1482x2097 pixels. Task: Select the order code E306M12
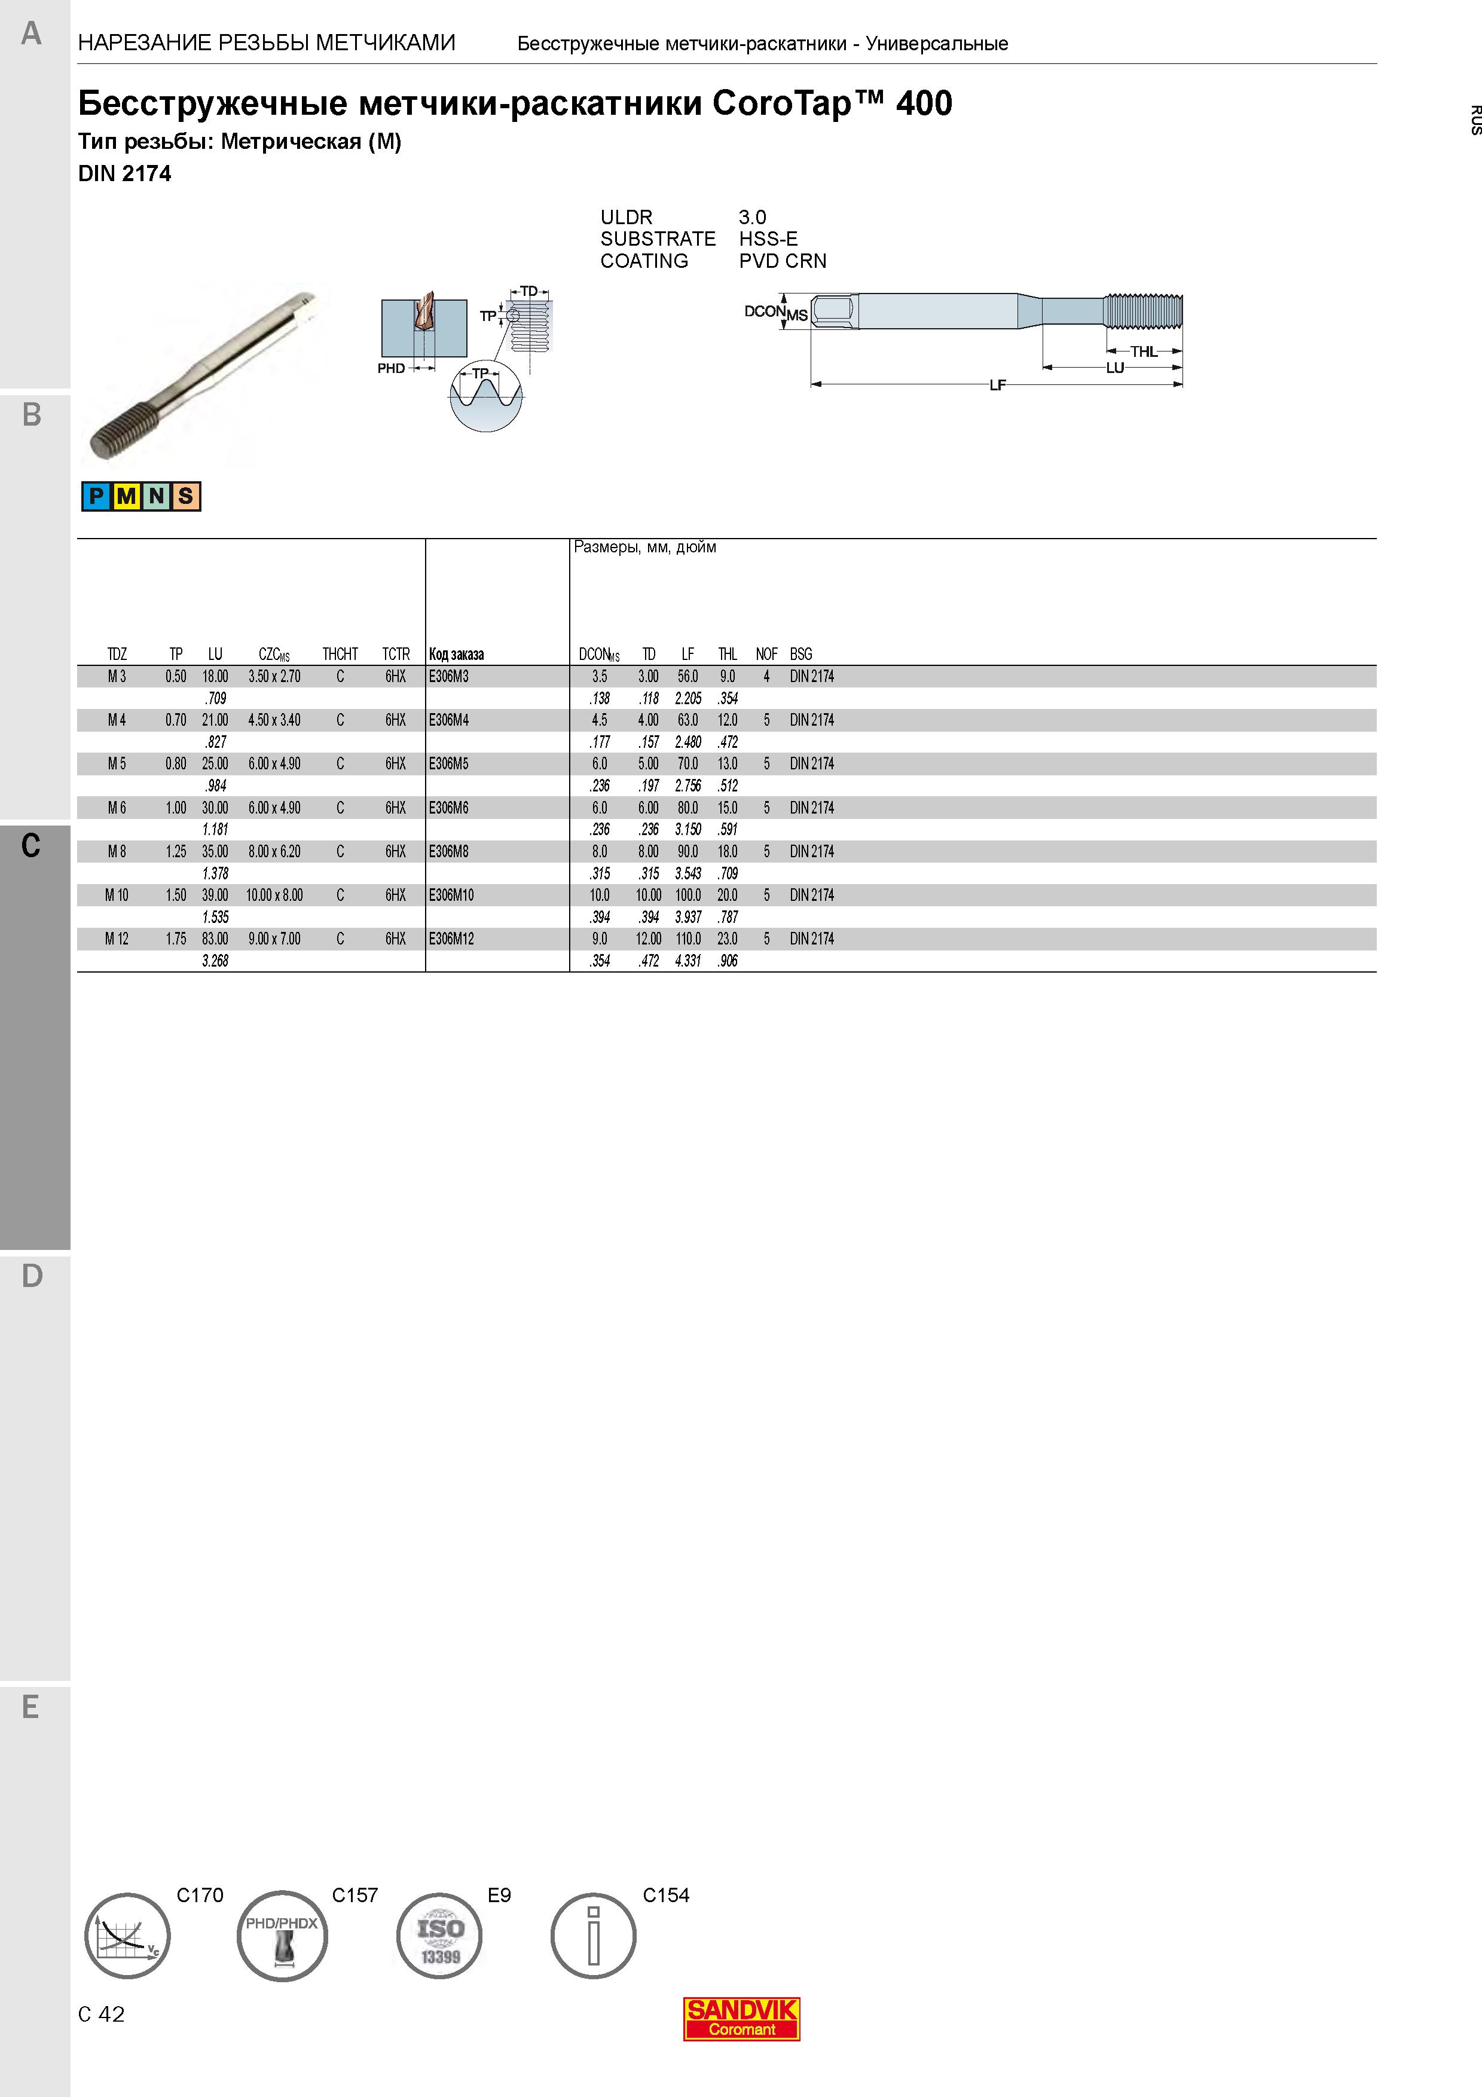[451, 939]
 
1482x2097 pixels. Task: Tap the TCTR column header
[395, 654]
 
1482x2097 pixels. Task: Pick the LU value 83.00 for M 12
[215, 939]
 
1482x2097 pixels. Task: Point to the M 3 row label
[117, 677]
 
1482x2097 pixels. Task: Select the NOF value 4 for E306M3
[767, 677]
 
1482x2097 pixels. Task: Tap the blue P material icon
[96, 496]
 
